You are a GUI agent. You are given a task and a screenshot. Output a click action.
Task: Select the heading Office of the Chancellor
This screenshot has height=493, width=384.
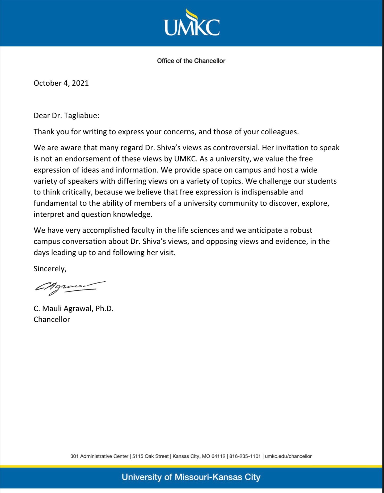[x=191, y=61]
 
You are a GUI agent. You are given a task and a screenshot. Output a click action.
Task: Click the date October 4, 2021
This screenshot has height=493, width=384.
[x=61, y=83]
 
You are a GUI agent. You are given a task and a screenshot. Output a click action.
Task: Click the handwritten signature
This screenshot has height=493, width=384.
[x=70, y=288]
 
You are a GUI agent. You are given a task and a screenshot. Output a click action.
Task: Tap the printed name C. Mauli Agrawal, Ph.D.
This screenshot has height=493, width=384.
[x=73, y=308]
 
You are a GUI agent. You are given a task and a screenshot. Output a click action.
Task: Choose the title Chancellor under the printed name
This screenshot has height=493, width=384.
[x=52, y=319]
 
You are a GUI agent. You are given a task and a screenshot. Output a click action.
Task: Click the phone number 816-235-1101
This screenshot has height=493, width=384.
[x=245, y=456]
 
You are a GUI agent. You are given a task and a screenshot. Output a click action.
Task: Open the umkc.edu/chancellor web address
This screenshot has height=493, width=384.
[x=288, y=456]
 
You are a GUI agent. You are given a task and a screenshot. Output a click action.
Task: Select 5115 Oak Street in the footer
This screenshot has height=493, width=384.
[x=150, y=456]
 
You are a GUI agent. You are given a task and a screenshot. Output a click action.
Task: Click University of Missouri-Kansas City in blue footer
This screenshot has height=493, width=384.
[x=191, y=477]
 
